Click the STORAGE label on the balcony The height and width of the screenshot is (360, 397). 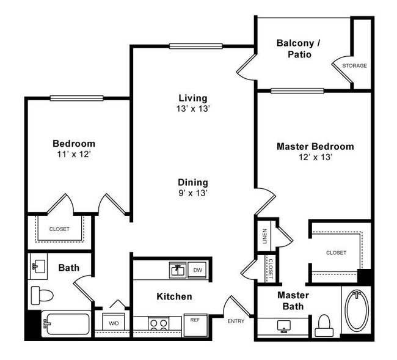coord(354,65)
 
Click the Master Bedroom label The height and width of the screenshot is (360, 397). coord(315,147)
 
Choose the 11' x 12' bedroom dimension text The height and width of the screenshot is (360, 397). coord(73,155)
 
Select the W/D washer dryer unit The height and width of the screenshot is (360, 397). coord(114,323)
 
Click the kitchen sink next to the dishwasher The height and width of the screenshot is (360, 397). coord(178,270)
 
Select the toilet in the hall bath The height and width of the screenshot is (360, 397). coord(42,295)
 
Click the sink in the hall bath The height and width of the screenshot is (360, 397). coord(39,266)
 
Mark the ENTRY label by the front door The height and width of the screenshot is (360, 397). coord(236,321)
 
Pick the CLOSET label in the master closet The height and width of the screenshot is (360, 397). coord(336,252)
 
